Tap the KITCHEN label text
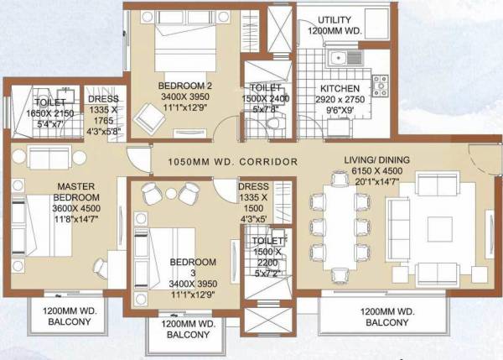pos(340,88)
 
